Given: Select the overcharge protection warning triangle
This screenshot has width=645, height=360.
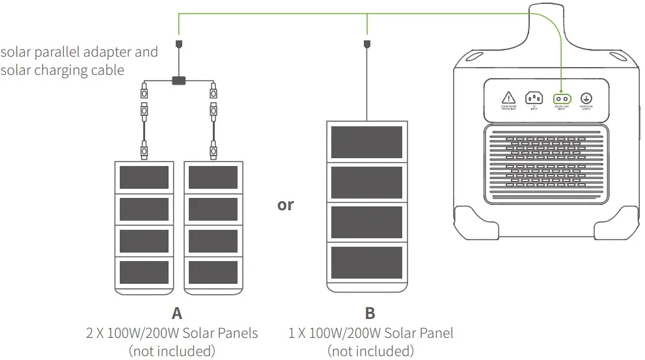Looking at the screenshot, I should (508, 98).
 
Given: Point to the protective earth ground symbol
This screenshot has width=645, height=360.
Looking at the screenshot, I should (586, 98).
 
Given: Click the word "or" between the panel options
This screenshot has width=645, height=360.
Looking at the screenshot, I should (285, 205).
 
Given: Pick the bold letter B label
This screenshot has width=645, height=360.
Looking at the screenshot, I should (370, 314).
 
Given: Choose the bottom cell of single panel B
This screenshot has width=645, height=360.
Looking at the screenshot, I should (366, 262).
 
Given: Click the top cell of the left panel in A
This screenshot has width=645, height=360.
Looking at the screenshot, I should (144, 177).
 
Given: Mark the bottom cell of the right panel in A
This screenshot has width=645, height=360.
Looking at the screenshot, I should (212, 272).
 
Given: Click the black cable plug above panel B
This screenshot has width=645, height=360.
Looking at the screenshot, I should (367, 44).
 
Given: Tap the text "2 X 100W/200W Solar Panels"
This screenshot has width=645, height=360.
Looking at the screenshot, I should (172, 333).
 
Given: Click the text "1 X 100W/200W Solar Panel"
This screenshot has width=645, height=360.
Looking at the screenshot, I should (370, 333).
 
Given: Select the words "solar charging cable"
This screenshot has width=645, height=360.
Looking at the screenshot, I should (62, 70).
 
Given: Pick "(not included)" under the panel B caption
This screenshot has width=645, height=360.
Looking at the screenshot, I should (370, 351).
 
